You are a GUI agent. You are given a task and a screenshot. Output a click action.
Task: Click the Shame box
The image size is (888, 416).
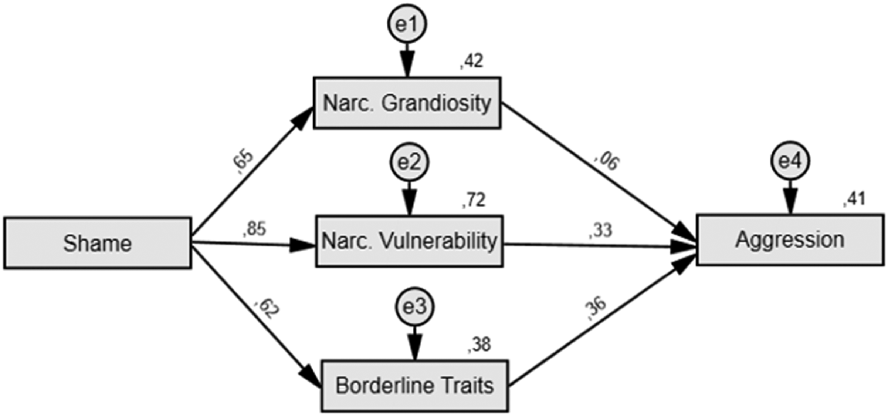tap(98, 243)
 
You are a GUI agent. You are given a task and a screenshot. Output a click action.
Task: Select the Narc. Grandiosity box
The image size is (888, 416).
tap(407, 103)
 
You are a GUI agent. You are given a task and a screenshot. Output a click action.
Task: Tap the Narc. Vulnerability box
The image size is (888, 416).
tap(409, 241)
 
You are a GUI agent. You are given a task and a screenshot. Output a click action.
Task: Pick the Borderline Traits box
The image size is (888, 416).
tap(414, 386)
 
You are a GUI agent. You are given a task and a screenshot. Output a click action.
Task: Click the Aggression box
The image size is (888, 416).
tap(790, 239)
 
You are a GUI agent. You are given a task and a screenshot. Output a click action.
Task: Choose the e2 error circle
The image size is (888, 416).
tap(409, 162)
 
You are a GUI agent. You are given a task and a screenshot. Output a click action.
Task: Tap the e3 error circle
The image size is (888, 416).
tap(415, 307)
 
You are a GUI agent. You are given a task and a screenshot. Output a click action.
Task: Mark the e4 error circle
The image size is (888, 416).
tap(790, 161)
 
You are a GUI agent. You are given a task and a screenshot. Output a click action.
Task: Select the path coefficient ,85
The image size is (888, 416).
tap(254, 229)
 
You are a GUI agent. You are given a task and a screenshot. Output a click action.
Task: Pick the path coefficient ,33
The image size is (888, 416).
tap(601, 230)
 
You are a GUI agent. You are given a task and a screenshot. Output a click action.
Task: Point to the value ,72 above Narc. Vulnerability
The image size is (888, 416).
tap(474, 200)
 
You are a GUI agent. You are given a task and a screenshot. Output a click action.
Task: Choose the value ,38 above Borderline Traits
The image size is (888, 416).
tap(479, 345)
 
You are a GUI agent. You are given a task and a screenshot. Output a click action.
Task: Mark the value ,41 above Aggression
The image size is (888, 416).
tap(854, 199)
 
